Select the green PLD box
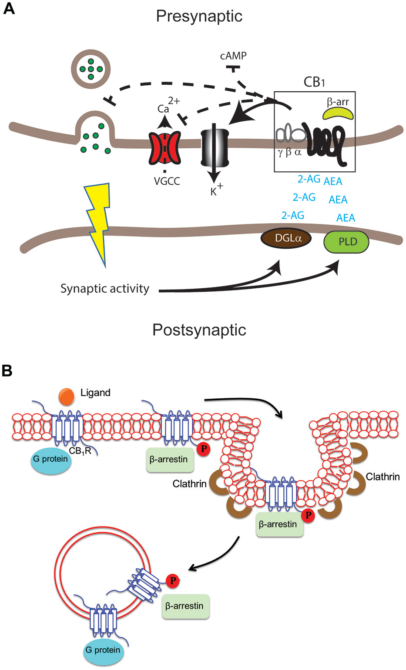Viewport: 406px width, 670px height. (346, 242)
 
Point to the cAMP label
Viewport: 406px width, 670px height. (233, 56)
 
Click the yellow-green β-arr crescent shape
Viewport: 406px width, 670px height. (338, 114)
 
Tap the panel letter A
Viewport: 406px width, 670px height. (9, 9)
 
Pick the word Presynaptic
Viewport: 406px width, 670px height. (199, 16)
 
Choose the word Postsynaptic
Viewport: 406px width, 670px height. (199, 330)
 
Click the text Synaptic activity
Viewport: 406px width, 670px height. (104, 289)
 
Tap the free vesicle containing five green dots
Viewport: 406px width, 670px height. (91, 69)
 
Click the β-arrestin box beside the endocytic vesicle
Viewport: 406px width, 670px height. (185, 606)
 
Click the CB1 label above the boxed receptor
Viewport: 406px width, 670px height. (314, 82)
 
